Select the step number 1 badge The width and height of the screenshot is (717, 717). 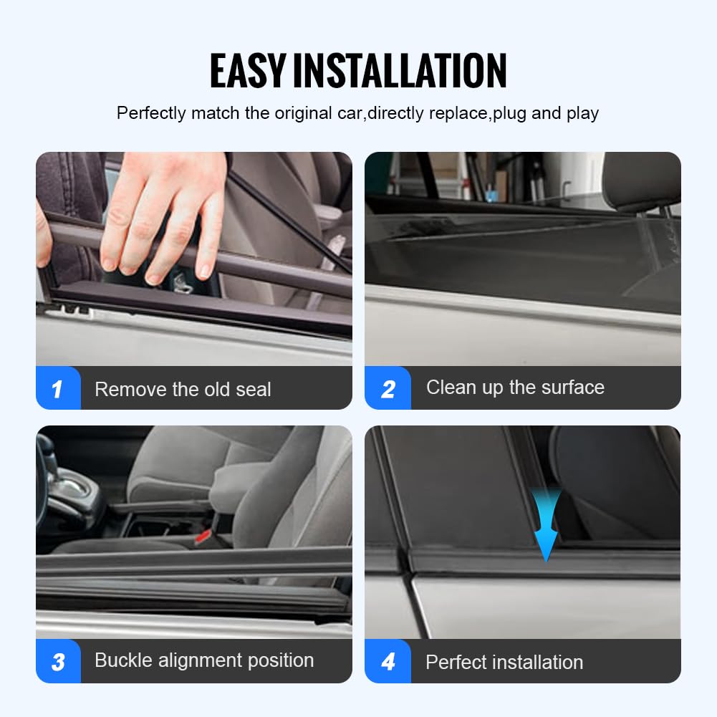click(x=57, y=389)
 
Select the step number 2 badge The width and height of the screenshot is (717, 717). click(x=388, y=389)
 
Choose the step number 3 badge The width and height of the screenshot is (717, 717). click(x=57, y=661)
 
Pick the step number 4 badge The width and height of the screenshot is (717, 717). click(x=388, y=661)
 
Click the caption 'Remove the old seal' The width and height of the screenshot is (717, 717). click(x=183, y=390)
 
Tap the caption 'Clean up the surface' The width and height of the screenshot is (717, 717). click(x=515, y=388)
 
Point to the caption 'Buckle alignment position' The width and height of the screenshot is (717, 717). click(x=204, y=660)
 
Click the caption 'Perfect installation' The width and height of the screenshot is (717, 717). click(x=504, y=662)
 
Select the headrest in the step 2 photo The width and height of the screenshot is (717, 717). click(x=641, y=179)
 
